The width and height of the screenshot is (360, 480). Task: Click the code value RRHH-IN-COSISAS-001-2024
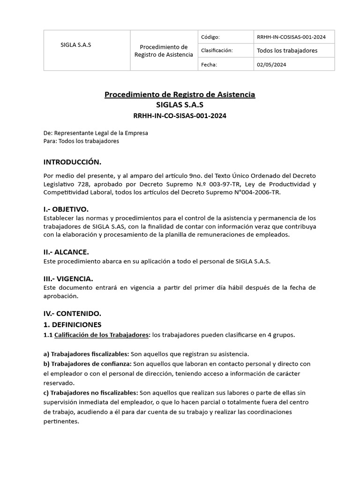[x=292, y=37]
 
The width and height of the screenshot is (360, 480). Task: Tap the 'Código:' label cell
[x=210, y=37]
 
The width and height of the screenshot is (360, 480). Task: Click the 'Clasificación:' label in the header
[x=217, y=51]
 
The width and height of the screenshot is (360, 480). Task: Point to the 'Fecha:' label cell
[x=209, y=64]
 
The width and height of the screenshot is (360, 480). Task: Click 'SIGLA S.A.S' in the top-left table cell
[x=76, y=45]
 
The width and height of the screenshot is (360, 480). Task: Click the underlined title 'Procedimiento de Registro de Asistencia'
[x=180, y=95]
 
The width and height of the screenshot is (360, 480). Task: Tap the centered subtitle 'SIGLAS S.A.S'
[x=180, y=105]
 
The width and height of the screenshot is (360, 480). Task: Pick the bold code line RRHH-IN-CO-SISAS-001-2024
[x=180, y=116]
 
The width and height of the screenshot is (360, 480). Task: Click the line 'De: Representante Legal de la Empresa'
[x=96, y=133]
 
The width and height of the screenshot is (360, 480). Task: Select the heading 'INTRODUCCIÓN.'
[x=72, y=162]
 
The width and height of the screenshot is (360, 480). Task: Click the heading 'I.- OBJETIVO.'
[x=66, y=209]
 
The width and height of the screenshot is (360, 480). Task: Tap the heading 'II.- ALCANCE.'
[x=66, y=252]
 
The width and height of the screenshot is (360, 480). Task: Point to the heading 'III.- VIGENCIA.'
[x=68, y=278]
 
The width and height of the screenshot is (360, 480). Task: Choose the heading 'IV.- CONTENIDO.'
[x=72, y=313]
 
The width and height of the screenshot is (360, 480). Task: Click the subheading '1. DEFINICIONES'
[x=72, y=324]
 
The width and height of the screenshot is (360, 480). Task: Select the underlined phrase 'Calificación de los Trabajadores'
[x=101, y=335]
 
